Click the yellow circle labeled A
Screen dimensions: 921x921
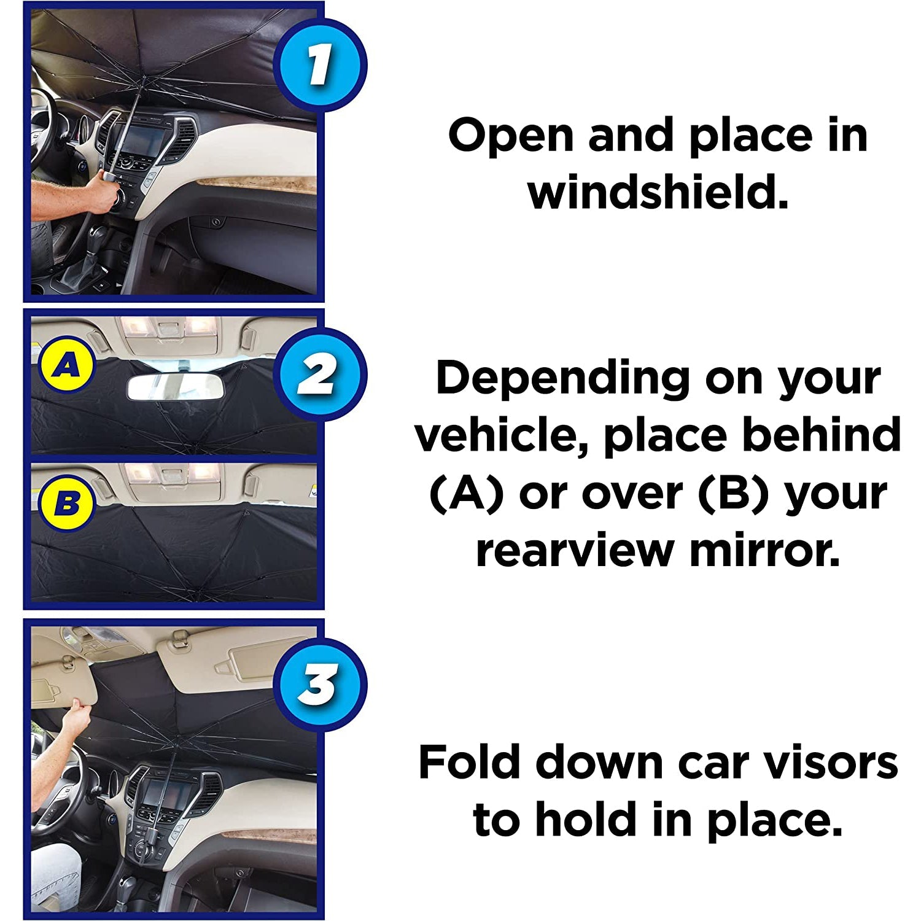coord(66,367)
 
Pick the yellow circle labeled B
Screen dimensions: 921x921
coord(66,504)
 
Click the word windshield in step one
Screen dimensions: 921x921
coord(658,192)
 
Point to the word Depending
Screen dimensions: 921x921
coord(562,379)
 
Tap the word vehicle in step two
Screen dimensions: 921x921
coord(500,435)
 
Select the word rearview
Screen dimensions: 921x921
coord(574,550)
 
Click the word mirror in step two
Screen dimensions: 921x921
coord(764,550)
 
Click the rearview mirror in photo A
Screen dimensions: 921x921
coord(174,387)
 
